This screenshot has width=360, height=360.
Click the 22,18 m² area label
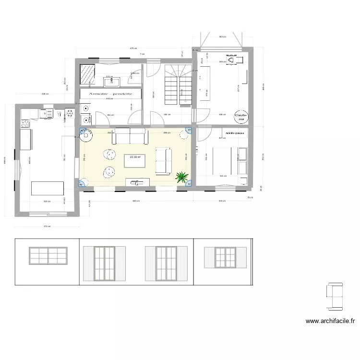[135, 157]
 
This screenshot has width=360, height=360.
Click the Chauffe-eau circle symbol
[240, 117]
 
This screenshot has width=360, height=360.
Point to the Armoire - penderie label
[110, 94]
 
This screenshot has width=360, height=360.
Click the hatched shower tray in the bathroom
[87, 74]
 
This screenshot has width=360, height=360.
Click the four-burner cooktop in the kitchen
[46, 113]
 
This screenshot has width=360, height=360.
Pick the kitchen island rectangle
[48, 188]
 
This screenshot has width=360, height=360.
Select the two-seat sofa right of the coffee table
[163, 161]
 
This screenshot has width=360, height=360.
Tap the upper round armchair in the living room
[109, 155]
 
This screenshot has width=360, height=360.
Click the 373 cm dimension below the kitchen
[46, 227]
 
